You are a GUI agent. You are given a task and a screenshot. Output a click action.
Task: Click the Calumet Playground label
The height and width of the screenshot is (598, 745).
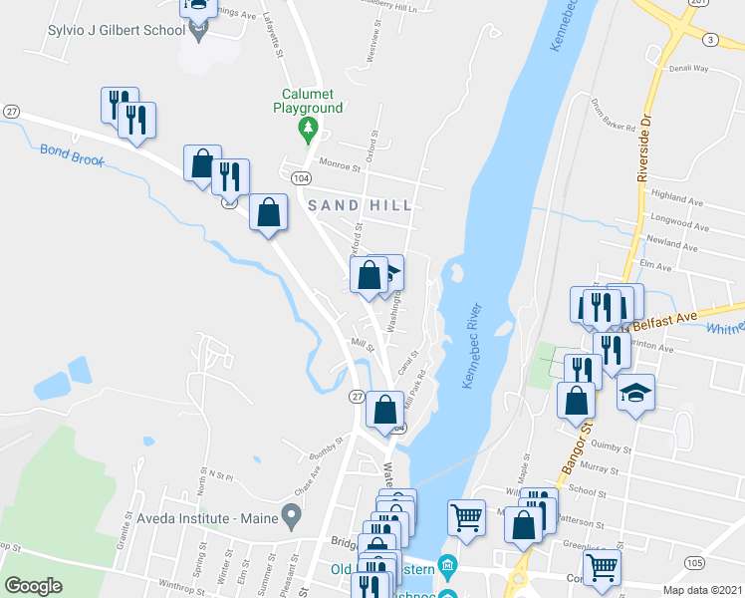pyautogui.click(x=310, y=102)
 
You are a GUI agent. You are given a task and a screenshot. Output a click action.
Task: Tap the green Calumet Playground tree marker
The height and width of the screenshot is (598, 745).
pyautogui.click(x=309, y=127)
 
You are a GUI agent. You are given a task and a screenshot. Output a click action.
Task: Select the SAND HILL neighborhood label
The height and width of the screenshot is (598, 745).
pyautogui.click(x=359, y=204)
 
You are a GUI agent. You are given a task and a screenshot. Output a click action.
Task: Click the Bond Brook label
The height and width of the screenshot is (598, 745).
pyautogui.click(x=72, y=154)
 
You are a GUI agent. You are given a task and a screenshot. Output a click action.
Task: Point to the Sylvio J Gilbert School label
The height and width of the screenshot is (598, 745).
pyautogui.click(x=117, y=30)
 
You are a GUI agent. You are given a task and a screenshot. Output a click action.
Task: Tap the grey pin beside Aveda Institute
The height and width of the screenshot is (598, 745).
pyautogui.click(x=292, y=516)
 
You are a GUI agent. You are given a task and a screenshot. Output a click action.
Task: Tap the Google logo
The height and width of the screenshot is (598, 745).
pyautogui.click(x=34, y=586)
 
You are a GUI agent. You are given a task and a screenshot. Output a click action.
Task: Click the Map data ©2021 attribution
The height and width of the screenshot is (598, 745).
pyautogui.click(x=702, y=590)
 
